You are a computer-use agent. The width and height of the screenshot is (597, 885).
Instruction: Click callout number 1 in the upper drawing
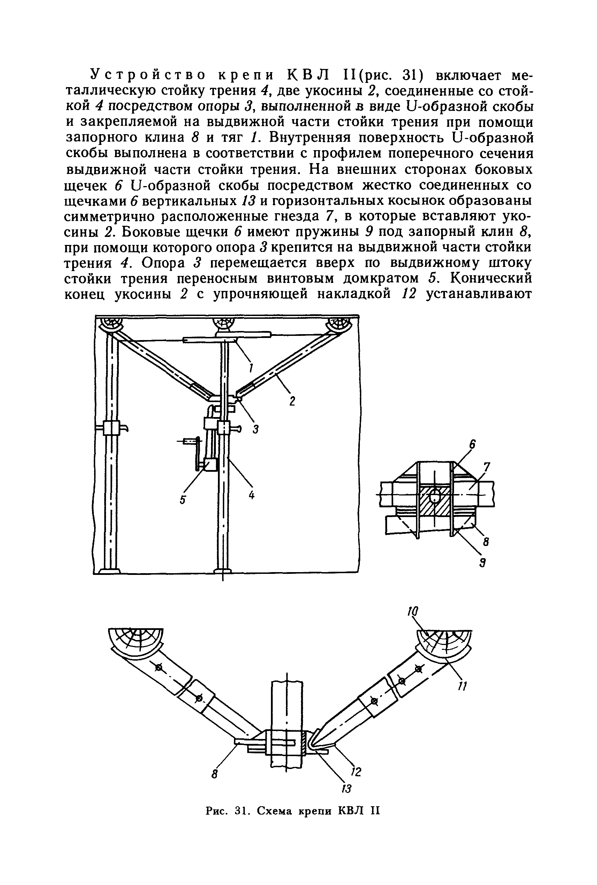click(252, 367)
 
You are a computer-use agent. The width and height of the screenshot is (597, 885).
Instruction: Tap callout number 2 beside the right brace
click(292, 402)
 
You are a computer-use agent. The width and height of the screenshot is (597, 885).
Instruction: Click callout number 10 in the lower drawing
click(412, 612)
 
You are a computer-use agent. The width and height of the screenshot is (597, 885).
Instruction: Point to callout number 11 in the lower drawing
click(462, 686)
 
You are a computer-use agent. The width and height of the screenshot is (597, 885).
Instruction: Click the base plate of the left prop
click(109, 570)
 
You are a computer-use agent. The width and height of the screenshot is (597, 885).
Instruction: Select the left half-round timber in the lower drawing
click(136, 640)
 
